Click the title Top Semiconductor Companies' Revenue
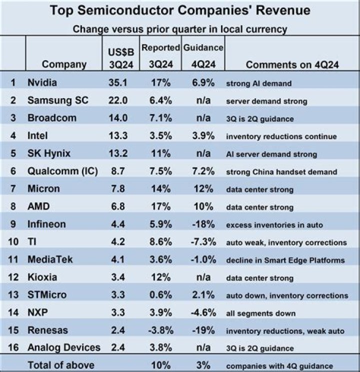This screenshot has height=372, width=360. pos(180,11)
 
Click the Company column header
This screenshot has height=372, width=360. pos(64,64)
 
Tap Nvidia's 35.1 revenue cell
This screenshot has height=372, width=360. pos(118,83)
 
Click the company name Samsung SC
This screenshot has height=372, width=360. pos(58,101)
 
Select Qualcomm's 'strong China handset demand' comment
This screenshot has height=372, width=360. pos(281,172)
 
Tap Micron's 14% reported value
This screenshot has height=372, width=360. pos(160,189)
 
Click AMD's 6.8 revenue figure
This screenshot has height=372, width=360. pos(118,207)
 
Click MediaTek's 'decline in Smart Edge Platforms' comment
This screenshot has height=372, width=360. pos(285,260)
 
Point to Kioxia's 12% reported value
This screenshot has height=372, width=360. pos(160,277)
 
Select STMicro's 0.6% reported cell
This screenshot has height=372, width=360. pos(160,295)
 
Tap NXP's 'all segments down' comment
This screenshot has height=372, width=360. pos(260,313)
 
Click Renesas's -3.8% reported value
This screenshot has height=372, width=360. pos(160,331)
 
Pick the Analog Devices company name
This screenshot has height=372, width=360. pos(64,348)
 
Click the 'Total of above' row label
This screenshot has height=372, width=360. pos(61,365)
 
